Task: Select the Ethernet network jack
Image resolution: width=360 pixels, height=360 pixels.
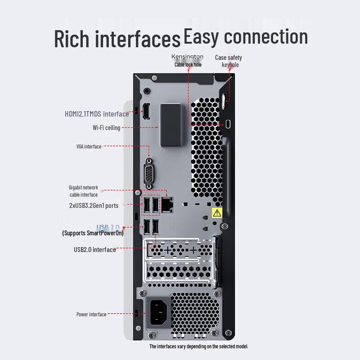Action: tap(168, 205)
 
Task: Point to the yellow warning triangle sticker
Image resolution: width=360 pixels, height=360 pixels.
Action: tap(217, 213)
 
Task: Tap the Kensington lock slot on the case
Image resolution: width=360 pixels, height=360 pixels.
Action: tap(228, 124)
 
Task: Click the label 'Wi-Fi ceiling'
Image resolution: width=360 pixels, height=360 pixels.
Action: tap(106, 128)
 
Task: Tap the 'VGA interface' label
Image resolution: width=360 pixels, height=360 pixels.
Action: tap(89, 146)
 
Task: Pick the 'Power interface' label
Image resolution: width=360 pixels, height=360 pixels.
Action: tap(91, 314)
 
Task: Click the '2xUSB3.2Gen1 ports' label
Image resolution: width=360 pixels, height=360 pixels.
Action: tap(94, 205)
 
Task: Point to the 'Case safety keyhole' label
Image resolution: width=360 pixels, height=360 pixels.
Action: tap(229, 61)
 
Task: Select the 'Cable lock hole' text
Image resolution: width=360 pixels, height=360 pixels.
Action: tap(188, 65)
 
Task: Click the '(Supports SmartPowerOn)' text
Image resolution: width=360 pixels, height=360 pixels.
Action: tap(93, 233)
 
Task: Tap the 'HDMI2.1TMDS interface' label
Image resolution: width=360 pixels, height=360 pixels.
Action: tap(96, 114)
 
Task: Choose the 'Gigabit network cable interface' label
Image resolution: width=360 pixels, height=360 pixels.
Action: tap(83, 191)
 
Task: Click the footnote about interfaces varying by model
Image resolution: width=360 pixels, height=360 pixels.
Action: tap(198, 346)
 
